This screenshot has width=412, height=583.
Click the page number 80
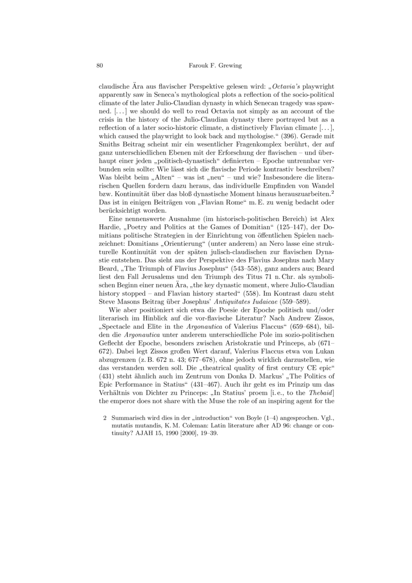[101, 65]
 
